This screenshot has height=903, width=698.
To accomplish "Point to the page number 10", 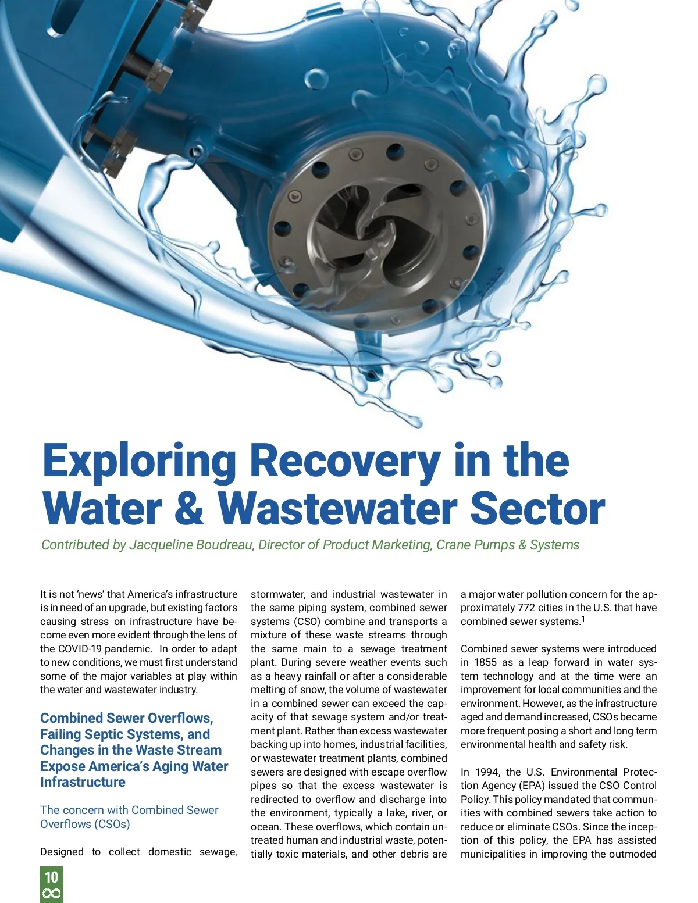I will (51, 877).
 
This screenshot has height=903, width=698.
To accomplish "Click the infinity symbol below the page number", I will (51, 894).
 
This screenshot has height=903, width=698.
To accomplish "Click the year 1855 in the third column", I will (485, 662).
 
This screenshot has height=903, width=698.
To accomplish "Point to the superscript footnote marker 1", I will (583, 619).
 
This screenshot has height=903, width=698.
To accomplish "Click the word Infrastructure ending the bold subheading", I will (83, 782).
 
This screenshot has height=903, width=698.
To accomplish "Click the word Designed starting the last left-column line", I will (62, 852).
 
